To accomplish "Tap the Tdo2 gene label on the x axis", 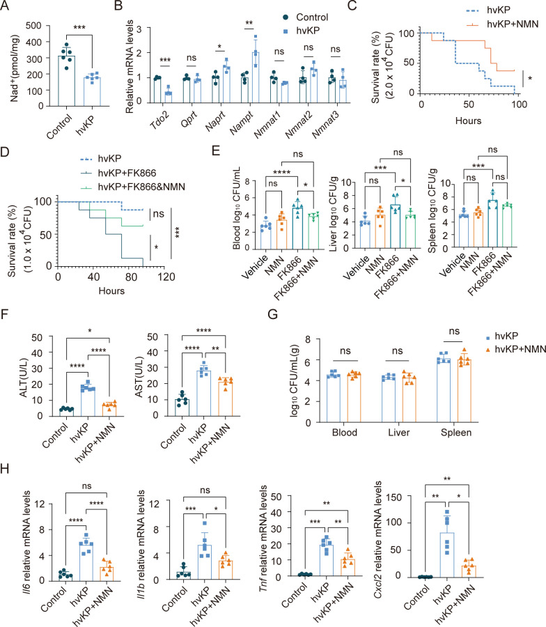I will point(155,111).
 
